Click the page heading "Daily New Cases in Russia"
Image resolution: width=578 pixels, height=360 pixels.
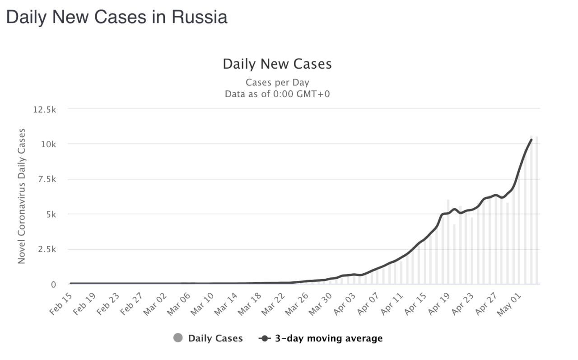[117, 17]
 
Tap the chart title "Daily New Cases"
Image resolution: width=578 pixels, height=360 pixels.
[277, 64]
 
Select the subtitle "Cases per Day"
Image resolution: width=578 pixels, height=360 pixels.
[277, 83]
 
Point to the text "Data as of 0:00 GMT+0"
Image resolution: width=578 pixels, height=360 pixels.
[277, 94]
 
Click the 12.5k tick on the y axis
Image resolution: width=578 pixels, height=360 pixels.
[44, 109]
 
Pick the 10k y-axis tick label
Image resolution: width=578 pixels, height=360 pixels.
[47, 145]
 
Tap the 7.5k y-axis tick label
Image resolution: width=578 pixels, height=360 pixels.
[46, 180]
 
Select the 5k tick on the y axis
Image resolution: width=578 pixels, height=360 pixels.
[50, 215]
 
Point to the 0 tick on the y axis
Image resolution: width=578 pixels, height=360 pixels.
[53, 285]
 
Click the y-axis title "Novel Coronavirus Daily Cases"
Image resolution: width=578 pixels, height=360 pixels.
[22, 196]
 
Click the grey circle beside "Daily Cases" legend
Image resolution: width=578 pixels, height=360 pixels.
[178, 338]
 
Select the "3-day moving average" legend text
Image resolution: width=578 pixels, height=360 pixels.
[329, 338]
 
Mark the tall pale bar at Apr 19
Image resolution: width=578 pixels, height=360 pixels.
[448, 244]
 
